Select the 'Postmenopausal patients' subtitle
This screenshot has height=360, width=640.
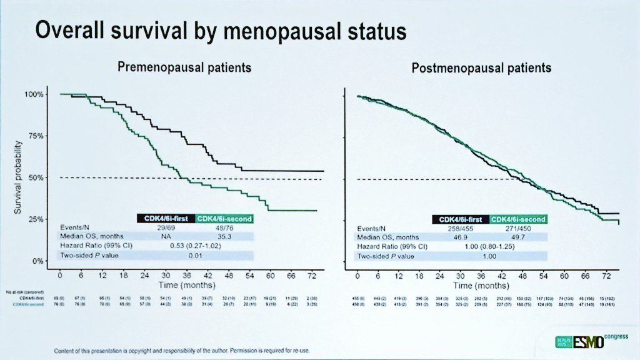point(481,67)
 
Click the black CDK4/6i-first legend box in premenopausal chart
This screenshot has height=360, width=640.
point(165,218)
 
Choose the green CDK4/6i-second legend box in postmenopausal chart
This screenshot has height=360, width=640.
point(518,219)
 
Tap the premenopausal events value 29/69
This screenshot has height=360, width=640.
point(166,227)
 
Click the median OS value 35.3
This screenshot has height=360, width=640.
point(224,237)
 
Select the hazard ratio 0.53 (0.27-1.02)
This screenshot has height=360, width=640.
point(195,246)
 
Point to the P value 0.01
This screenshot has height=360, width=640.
point(195,256)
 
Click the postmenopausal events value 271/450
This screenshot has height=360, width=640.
point(518,228)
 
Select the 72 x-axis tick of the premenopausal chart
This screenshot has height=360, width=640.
point(311,275)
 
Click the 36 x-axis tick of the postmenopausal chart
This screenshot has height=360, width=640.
point(481,275)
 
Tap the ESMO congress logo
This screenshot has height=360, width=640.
point(589,342)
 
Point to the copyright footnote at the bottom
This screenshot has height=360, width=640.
point(182,350)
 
